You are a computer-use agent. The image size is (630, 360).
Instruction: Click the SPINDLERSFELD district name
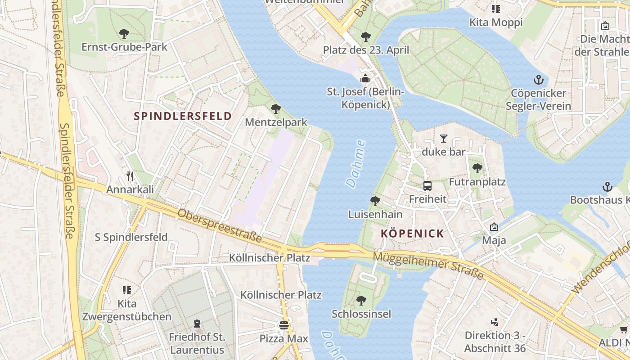[183, 116]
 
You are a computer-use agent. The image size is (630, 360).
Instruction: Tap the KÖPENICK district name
[412, 234]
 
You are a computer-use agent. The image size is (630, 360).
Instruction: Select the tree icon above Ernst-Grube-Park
[124, 34]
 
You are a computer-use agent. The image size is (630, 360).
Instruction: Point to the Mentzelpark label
[276, 122]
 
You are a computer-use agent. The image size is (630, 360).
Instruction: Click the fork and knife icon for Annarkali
[130, 176]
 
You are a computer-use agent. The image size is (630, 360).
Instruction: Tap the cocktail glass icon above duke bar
[444, 138]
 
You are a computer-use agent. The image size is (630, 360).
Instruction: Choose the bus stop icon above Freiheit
[427, 185]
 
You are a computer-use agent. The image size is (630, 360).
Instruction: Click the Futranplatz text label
[477, 182]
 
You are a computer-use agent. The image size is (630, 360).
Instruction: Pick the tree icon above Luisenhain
[375, 201]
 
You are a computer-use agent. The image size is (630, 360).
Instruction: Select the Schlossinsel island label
[361, 314]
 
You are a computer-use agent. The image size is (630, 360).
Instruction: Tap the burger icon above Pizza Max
[283, 325]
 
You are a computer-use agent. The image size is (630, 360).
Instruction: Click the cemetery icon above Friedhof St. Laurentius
[197, 323]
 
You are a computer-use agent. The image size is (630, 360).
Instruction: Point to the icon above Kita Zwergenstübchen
[127, 290]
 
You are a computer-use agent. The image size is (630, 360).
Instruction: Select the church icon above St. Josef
[365, 79]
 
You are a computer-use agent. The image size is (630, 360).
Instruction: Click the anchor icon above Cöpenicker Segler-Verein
[538, 80]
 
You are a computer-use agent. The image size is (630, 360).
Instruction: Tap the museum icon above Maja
[494, 227]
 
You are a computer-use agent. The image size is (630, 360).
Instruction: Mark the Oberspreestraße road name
[220, 226]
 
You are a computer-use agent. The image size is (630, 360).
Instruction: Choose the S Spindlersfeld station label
[131, 237]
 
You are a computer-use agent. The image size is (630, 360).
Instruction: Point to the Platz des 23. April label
[366, 50]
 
